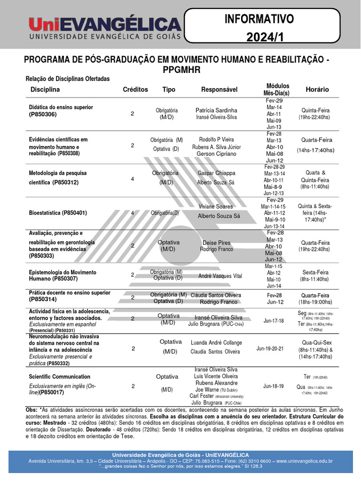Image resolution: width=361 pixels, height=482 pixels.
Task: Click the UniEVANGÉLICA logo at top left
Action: click(104, 27)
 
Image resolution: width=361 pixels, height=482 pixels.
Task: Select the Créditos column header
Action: click(135, 89)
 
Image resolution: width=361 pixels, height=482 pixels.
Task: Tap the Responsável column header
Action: click(219, 89)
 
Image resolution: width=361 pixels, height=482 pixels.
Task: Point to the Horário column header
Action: click(317, 89)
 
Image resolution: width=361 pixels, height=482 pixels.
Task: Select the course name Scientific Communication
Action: click(60, 377)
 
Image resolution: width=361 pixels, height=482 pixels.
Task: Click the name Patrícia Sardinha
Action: click(216, 110)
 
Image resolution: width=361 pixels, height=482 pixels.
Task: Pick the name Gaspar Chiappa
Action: click(217, 173)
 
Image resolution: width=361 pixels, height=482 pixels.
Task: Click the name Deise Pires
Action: click(216, 243)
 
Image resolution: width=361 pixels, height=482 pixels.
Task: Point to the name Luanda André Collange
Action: click(216, 343)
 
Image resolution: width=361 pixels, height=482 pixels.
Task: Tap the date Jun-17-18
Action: click(274, 321)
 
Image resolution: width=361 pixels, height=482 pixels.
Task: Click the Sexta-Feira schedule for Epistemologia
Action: click(315, 273)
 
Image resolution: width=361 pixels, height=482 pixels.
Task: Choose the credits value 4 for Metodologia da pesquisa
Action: click(133, 179)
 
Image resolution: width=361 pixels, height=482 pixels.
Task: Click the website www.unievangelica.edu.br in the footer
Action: click(304, 461)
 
